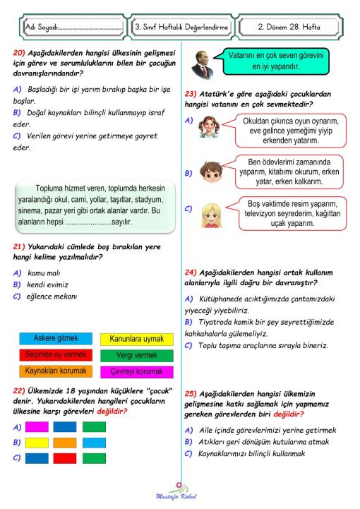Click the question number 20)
tap(20, 53)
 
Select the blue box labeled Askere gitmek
tap(56, 338)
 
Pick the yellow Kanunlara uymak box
tap(136, 340)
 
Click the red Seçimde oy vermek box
tap(56, 354)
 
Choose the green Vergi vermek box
tap(136, 355)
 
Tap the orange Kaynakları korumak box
tap(56, 371)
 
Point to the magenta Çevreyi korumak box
tap(136, 372)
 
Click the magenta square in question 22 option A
tap(37, 426)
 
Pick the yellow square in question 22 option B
tap(37, 443)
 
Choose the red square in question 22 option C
tap(37, 458)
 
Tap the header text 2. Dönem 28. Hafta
tap(289, 27)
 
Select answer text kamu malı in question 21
tap(42, 272)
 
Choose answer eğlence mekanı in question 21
tap(52, 297)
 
